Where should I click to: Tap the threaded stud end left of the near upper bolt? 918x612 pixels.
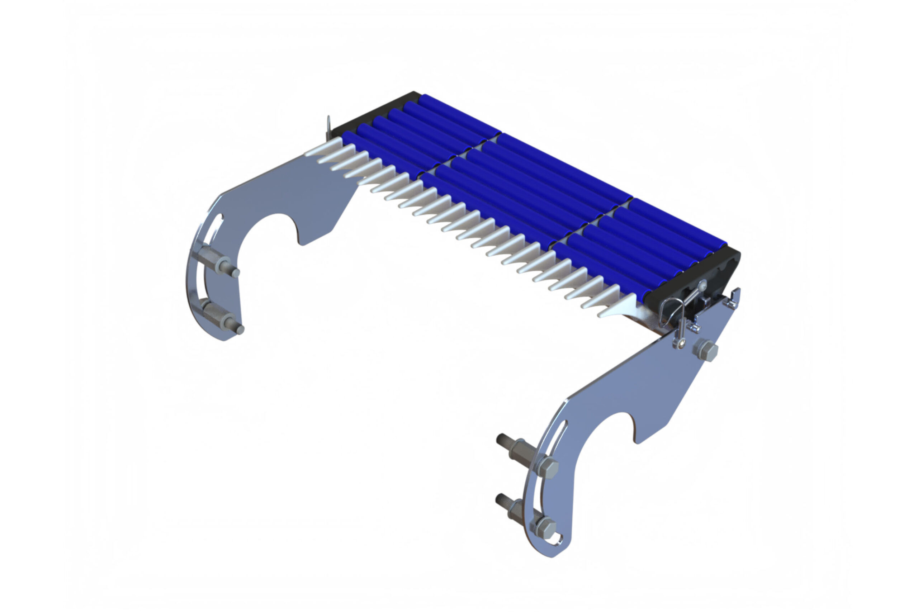click(x=502, y=440)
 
